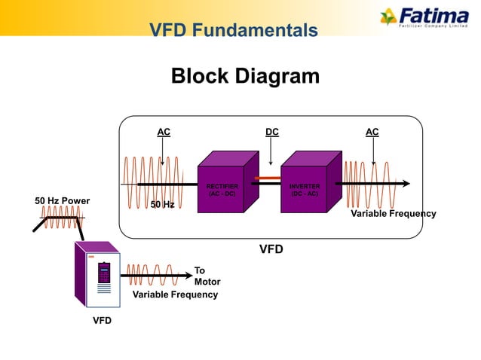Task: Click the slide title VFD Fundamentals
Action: click(x=233, y=30)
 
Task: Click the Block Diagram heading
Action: click(x=245, y=76)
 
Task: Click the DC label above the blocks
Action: click(x=271, y=132)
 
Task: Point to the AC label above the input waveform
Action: click(x=163, y=132)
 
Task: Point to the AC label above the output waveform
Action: click(x=372, y=132)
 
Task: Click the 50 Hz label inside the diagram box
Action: click(x=162, y=204)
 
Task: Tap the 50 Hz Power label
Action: click(x=62, y=201)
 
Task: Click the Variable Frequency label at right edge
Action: click(x=393, y=214)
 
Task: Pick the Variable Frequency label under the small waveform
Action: click(x=175, y=294)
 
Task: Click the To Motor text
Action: click(x=207, y=276)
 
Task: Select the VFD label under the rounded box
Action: click(x=271, y=249)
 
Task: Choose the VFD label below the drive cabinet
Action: click(x=102, y=321)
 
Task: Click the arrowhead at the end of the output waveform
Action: click(x=406, y=183)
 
